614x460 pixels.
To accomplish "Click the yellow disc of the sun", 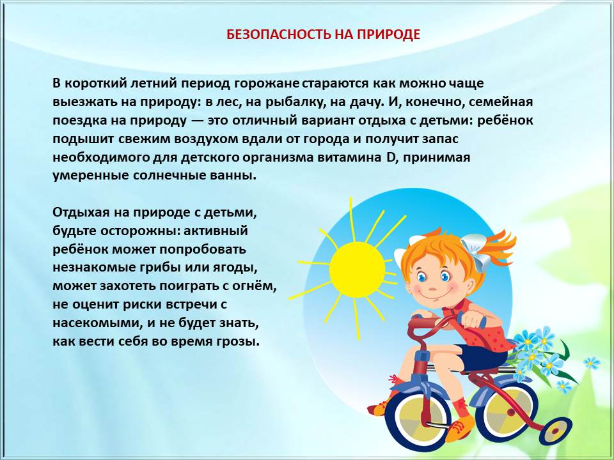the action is (357, 269).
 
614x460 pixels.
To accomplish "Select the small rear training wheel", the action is (556, 431).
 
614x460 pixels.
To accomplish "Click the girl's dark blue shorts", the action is (484, 357).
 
